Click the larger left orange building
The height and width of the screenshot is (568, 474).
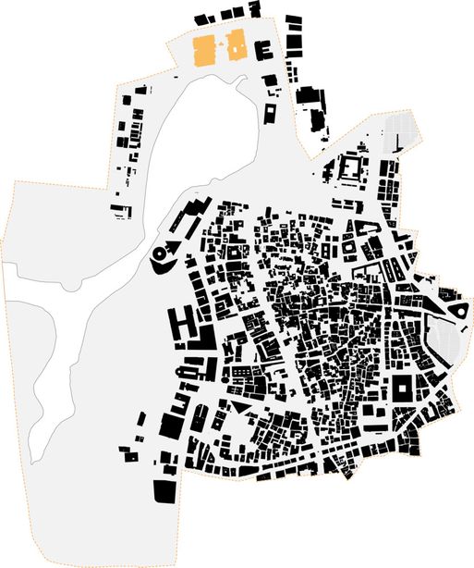tap(203, 50)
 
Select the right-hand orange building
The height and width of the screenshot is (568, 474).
tap(237, 44)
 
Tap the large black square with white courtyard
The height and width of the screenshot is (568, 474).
tap(404, 389)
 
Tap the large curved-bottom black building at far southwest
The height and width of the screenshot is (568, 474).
tap(164, 489)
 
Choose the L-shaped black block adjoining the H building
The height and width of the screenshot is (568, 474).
tap(202, 339)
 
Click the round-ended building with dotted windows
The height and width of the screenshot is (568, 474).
tap(190, 370)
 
